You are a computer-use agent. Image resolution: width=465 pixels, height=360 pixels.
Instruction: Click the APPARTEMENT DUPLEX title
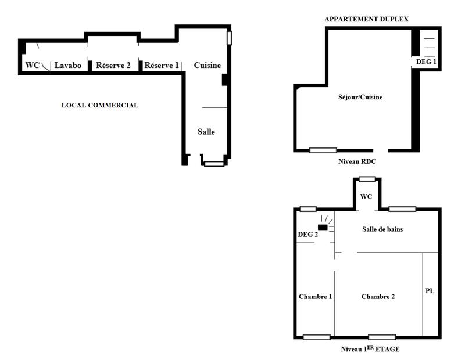(366, 19)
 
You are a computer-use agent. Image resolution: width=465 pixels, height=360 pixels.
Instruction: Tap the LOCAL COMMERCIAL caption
(100, 106)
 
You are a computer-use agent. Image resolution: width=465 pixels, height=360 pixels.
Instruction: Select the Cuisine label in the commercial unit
(208, 66)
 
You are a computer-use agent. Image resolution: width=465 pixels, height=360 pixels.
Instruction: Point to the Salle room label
(206, 132)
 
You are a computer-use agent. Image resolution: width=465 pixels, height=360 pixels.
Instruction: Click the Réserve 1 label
(162, 66)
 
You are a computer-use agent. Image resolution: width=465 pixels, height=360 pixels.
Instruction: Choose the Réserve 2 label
(113, 66)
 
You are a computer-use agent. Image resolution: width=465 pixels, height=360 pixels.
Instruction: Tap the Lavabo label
(68, 66)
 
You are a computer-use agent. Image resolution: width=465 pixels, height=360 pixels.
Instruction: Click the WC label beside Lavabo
(33, 66)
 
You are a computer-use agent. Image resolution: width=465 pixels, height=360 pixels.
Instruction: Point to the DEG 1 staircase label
(426, 61)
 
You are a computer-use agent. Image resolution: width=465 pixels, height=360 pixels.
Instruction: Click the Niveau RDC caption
(357, 161)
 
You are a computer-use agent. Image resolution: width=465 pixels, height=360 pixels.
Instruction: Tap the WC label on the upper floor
(366, 197)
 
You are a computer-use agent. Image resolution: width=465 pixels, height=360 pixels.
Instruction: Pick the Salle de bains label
(382, 229)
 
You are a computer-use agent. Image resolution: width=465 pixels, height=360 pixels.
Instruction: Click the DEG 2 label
(308, 234)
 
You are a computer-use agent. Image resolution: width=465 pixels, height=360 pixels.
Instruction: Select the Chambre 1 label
(315, 297)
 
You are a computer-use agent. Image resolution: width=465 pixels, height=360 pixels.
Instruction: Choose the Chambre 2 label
(378, 297)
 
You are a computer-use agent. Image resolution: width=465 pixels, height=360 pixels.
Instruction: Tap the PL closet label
(430, 290)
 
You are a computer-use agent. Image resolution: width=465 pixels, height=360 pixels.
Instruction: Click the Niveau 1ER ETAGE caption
(370, 350)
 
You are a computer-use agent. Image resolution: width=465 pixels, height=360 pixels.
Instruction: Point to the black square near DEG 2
(322, 227)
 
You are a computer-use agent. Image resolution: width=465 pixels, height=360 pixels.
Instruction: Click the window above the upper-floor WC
(367, 179)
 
